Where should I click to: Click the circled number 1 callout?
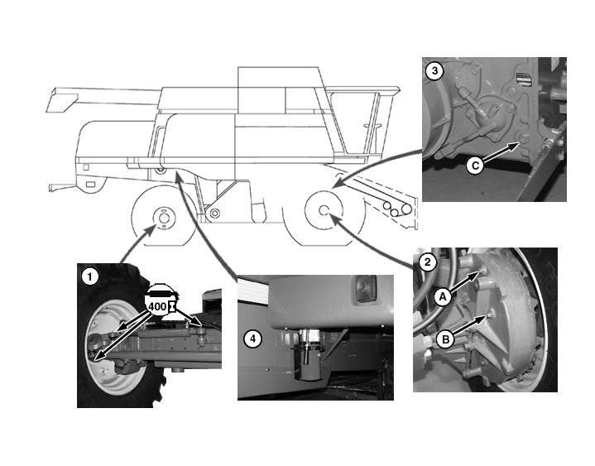(89, 277)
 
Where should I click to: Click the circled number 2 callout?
(428, 262)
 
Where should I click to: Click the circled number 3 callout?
(434, 71)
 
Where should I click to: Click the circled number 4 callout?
(252, 339)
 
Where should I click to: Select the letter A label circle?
(443, 297)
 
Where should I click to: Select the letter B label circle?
(445, 339)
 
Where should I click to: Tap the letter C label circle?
(475, 166)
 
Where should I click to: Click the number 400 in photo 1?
(157, 306)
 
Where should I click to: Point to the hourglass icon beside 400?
(172, 306)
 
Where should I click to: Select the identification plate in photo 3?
(524, 80)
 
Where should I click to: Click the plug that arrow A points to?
(482, 270)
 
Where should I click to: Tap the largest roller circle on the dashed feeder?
(407, 209)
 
